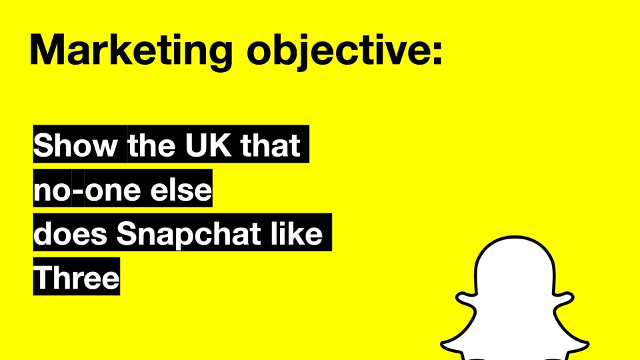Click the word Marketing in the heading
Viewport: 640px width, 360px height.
point(131,51)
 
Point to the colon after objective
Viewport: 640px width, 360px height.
point(437,52)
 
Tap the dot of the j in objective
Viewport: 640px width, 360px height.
point(301,37)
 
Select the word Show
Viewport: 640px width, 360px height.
point(75,145)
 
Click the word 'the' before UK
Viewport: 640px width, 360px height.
point(151,145)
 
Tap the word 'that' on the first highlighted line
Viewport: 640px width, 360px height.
point(271,145)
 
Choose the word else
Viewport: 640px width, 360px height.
point(181,189)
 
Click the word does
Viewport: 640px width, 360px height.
point(70,233)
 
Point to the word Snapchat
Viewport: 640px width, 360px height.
point(189,235)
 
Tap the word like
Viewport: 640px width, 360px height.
point(296,233)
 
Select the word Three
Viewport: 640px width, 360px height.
point(76,277)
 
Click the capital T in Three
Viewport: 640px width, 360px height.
point(43,277)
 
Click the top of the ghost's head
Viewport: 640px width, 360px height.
point(515,237)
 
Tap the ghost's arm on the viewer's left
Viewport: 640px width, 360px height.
point(466,300)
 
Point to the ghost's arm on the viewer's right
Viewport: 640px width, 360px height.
point(563,300)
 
